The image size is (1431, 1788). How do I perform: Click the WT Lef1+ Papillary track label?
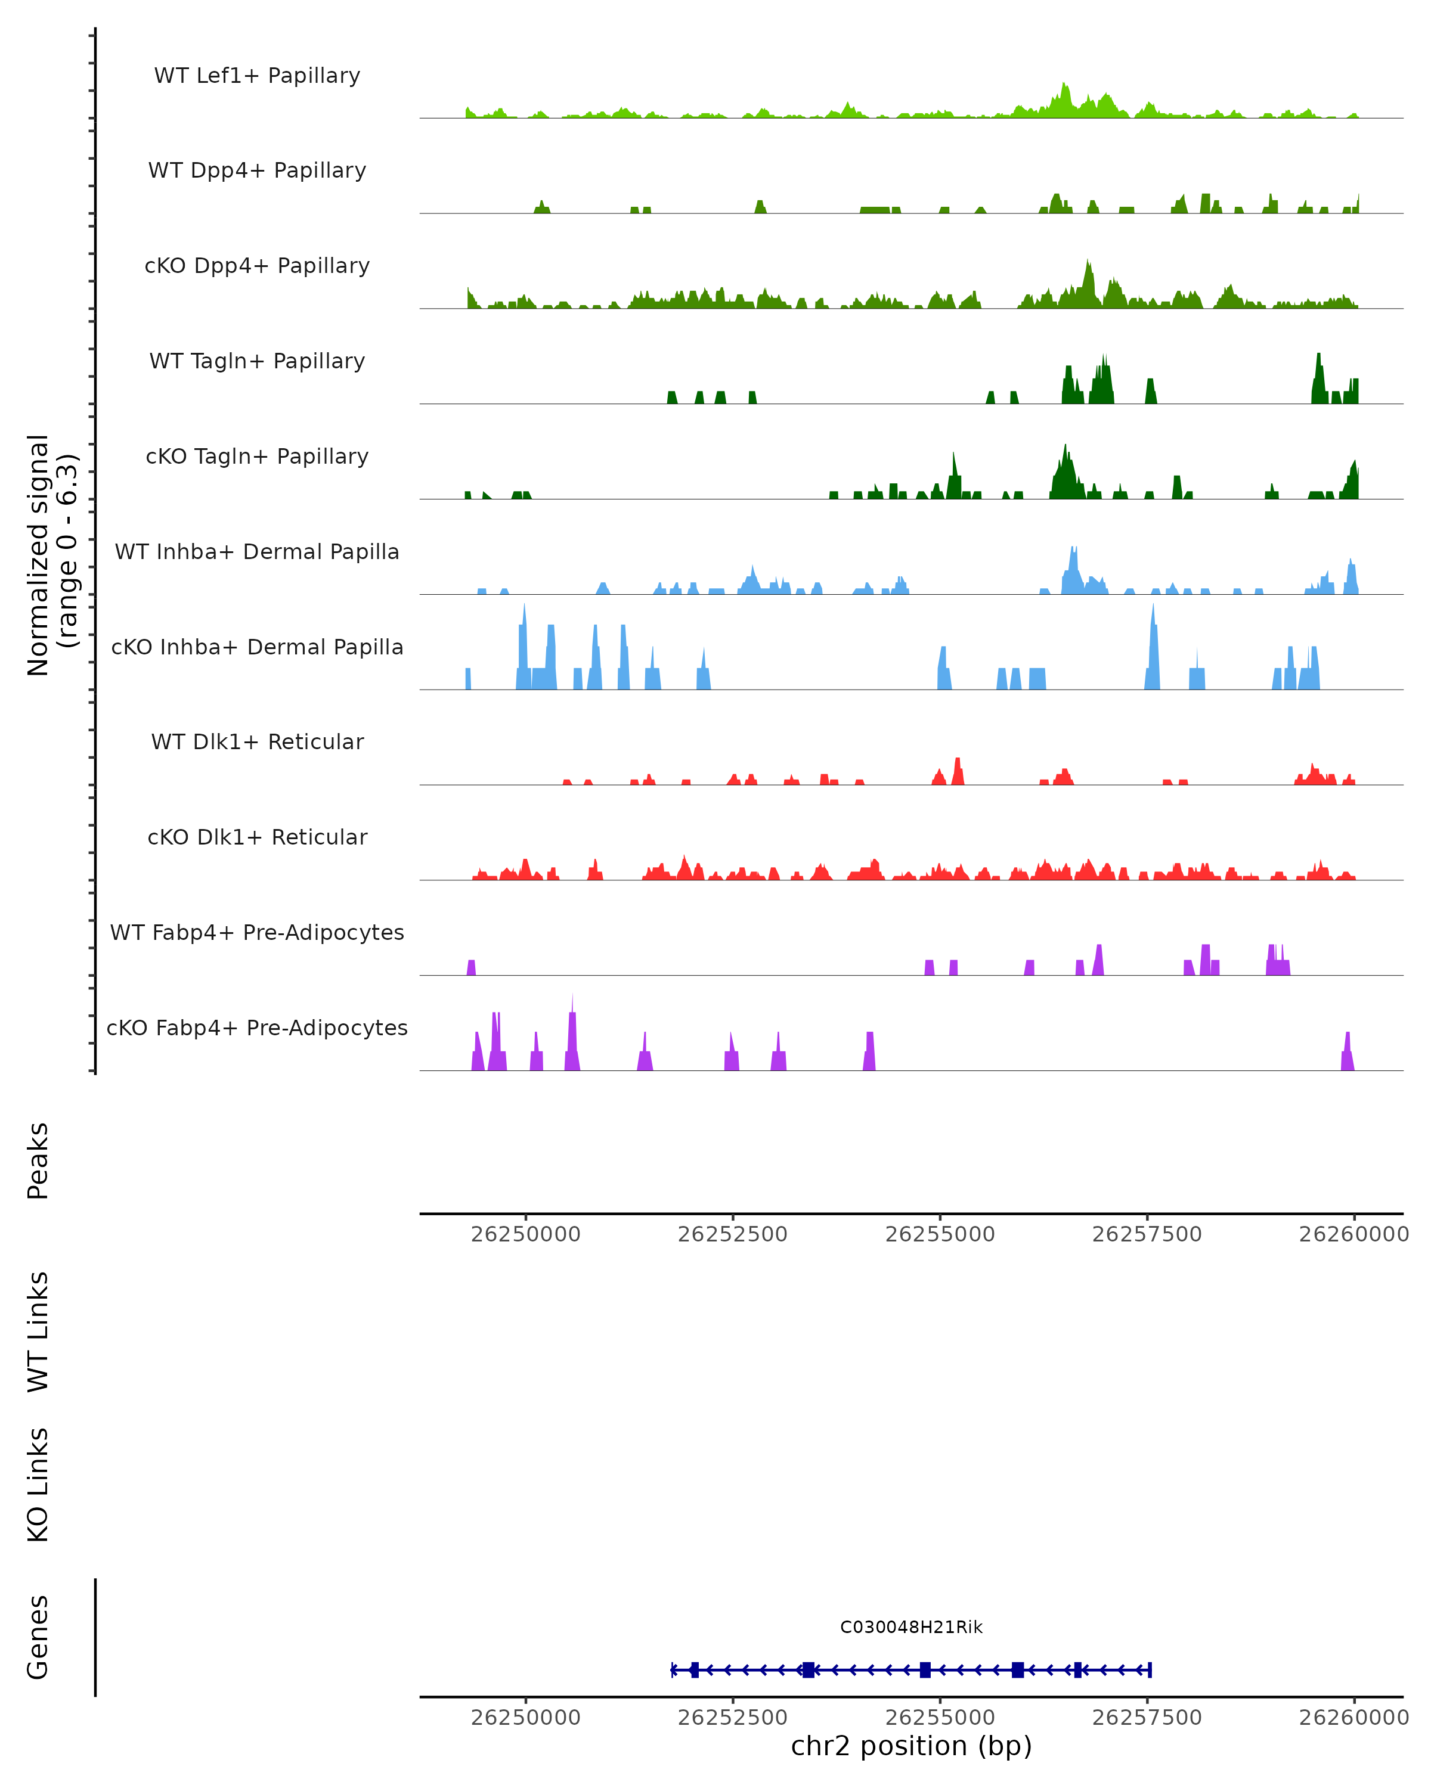[257, 76]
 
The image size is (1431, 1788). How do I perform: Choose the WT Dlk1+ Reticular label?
[257, 741]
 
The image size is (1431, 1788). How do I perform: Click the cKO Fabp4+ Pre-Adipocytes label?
[257, 1028]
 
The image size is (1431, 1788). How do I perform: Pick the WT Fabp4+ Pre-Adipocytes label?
[257, 932]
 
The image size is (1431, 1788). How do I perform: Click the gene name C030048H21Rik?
[911, 1627]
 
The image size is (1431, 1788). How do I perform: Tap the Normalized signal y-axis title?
[51, 555]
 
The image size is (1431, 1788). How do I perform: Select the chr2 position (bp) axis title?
[911, 1746]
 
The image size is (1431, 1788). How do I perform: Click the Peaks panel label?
[38, 1160]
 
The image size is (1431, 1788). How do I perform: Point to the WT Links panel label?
[38, 1331]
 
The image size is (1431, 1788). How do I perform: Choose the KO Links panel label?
[38, 1485]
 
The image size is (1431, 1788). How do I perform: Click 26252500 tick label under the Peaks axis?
[733, 1234]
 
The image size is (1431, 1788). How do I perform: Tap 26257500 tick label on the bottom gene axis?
[1147, 1718]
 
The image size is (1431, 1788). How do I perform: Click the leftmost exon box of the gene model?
[695, 1669]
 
